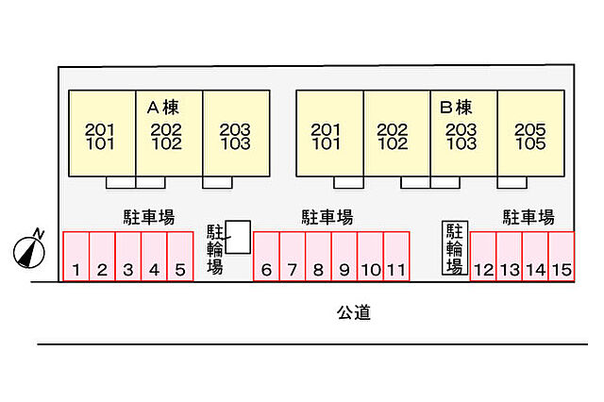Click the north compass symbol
pyautogui.click(x=29, y=252)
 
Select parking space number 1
pyautogui.click(x=75, y=257)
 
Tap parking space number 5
pyautogui.click(x=180, y=257)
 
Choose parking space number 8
pyautogui.click(x=318, y=257)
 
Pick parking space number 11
pyautogui.click(x=396, y=257)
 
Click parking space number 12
pyautogui.click(x=483, y=257)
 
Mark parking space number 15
pyautogui.click(x=562, y=257)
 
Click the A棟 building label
pyautogui.click(x=163, y=108)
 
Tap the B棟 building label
pyautogui.click(x=456, y=108)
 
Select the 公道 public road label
pyautogui.click(x=354, y=312)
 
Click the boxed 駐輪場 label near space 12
pyautogui.click(x=455, y=248)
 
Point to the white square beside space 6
pyautogui.click(x=238, y=237)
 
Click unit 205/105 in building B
pyautogui.click(x=530, y=134)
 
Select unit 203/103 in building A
pyautogui.click(x=236, y=134)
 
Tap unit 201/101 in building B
pyautogui.click(x=329, y=134)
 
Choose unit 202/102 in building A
pyautogui.click(x=169, y=134)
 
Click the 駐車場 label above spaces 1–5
pyautogui.click(x=149, y=217)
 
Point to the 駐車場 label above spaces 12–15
pyautogui.click(x=528, y=217)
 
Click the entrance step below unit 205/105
pyautogui.click(x=512, y=182)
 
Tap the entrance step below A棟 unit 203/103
pyautogui.click(x=217, y=182)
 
